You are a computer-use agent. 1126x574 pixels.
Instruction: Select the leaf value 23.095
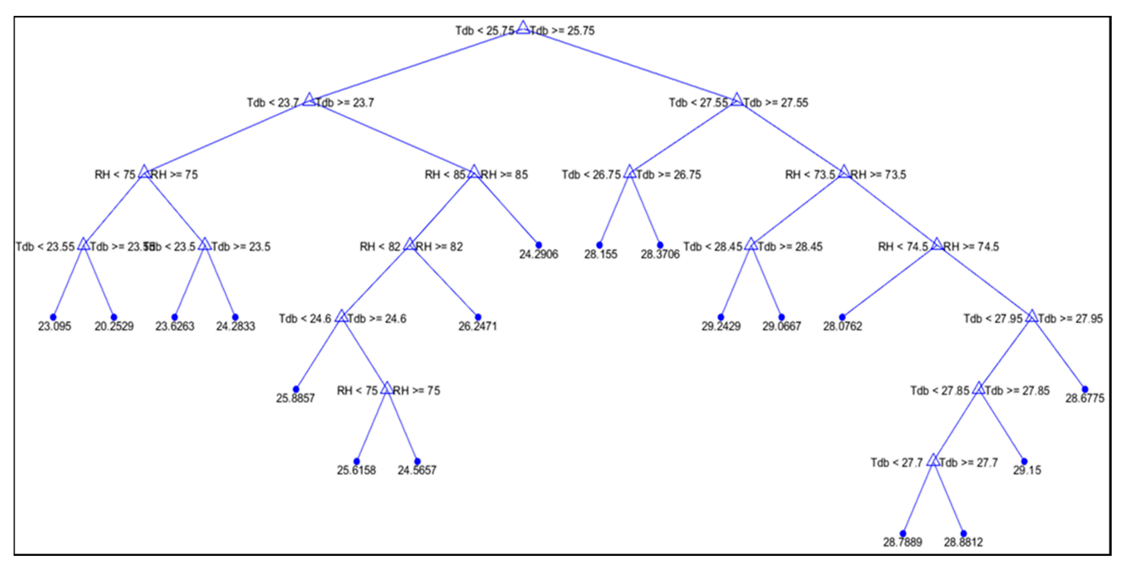55,326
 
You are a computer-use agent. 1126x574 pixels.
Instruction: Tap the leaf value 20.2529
114,326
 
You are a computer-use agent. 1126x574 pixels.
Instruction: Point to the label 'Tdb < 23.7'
273,103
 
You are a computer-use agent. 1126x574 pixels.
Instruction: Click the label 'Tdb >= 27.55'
776,103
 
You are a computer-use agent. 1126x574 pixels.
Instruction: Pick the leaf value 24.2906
539,254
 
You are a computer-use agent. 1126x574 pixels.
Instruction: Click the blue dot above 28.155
599,245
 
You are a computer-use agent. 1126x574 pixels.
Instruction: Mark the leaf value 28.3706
660,254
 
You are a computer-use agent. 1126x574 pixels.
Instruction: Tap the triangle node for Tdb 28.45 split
751,245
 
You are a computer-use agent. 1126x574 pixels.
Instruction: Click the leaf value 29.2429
721,326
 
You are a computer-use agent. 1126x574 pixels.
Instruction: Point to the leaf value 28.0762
842,326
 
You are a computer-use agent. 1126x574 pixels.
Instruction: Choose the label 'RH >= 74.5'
971,247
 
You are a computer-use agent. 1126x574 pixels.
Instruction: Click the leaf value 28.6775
1085,398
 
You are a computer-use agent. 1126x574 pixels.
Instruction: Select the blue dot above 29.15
1024,461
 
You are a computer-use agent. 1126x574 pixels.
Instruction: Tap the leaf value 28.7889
903,542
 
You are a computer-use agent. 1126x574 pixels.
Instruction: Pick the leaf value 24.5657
417,470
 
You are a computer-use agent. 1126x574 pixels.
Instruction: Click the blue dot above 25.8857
296,389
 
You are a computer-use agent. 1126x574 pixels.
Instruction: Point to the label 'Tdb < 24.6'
305,319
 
